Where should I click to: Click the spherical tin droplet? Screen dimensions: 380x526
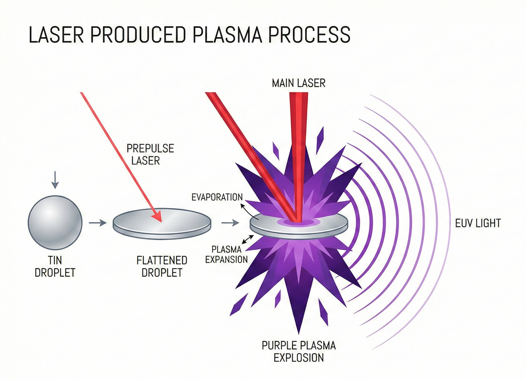click(55, 222)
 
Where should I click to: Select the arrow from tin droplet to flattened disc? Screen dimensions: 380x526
click(97, 223)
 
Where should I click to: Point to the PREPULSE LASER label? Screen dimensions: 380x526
click(150, 154)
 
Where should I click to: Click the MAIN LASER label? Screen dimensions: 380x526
click(298, 83)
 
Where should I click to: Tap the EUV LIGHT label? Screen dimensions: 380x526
click(478, 223)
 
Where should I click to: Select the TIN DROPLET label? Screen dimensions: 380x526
click(55, 266)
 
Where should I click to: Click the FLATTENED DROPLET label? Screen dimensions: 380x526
click(162, 266)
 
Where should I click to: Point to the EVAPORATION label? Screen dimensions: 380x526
click(217, 197)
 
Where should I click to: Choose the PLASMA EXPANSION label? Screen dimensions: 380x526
click(227, 254)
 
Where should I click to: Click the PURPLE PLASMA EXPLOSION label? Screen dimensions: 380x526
click(299, 351)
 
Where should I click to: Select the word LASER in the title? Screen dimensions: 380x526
click(56, 34)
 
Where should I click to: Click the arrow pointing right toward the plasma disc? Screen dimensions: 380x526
click(230, 223)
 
